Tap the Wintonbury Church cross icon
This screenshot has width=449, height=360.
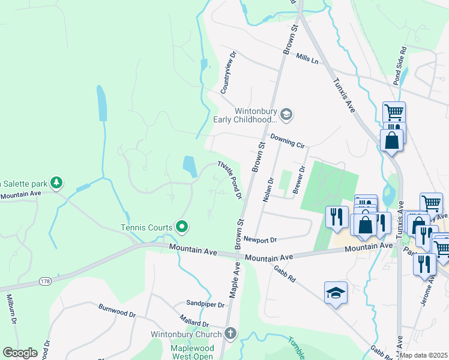pos(231,333)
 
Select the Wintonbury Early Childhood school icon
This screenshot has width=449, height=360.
pos(286,114)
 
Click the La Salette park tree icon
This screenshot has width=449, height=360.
pos(56,182)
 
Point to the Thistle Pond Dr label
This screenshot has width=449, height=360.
pos(229,179)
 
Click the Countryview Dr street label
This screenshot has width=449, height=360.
pos(229,72)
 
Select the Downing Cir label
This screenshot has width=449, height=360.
pos(288,141)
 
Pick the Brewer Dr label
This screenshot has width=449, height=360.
pos(298,179)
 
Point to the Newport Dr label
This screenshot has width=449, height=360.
pos(260,239)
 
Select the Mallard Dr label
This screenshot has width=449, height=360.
pos(194,318)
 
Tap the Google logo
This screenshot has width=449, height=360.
pos(20,352)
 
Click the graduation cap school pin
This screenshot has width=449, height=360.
pos(336,293)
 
